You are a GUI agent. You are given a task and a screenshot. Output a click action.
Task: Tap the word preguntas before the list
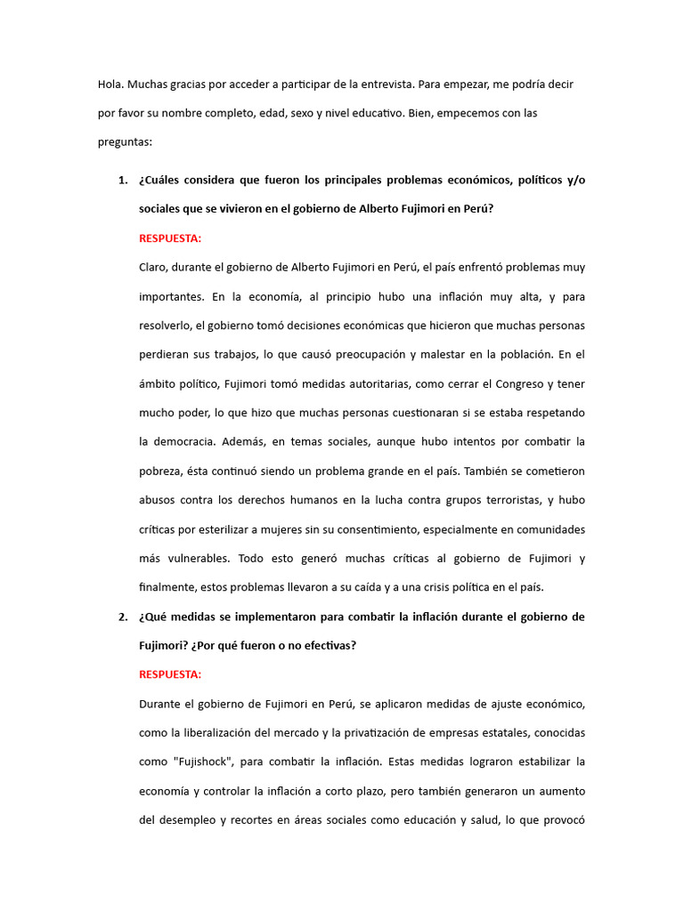click(125, 142)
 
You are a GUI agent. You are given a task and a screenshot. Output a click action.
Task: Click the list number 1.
click(122, 181)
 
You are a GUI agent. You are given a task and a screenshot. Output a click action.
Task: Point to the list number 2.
click(122, 617)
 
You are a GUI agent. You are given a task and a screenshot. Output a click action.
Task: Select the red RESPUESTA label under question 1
click(170, 238)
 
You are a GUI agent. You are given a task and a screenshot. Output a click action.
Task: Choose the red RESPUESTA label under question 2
click(170, 674)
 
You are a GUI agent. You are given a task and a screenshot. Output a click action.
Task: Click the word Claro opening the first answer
click(153, 267)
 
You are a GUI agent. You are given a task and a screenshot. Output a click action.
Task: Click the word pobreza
click(161, 471)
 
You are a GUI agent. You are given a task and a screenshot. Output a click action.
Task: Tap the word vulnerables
click(193, 559)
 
